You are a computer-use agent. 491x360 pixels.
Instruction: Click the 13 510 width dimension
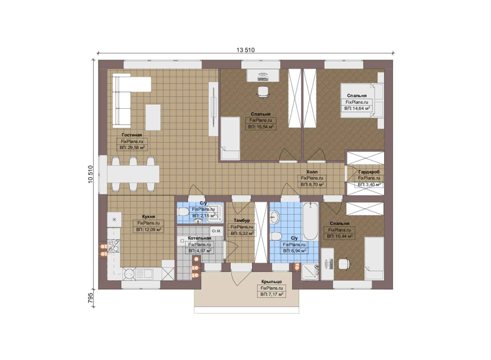(245, 50)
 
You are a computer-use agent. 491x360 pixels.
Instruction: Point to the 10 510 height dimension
(91, 174)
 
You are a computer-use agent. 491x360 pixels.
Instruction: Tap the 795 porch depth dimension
(91, 298)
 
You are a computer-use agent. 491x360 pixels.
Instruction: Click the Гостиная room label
(132, 135)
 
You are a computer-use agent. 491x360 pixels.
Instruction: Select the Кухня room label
(148, 217)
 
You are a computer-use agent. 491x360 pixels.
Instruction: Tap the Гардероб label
(369, 172)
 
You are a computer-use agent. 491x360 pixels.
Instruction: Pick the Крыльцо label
(271, 282)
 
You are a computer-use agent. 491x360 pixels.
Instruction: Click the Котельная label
(200, 238)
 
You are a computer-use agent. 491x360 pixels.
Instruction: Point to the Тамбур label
(242, 220)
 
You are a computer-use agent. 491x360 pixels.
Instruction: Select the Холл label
(312, 172)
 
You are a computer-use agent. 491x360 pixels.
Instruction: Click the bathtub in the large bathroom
(310, 222)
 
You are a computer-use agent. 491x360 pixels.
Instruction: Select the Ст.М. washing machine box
(217, 231)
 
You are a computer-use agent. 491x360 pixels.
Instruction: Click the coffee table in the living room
(153, 117)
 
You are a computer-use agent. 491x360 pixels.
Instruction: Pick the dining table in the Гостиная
(133, 174)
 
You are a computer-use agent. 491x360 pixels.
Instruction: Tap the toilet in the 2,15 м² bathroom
(184, 212)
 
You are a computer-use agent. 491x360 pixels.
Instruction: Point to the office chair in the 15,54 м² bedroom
(263, 92)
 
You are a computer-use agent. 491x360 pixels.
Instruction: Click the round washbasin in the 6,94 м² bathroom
(275, 217)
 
